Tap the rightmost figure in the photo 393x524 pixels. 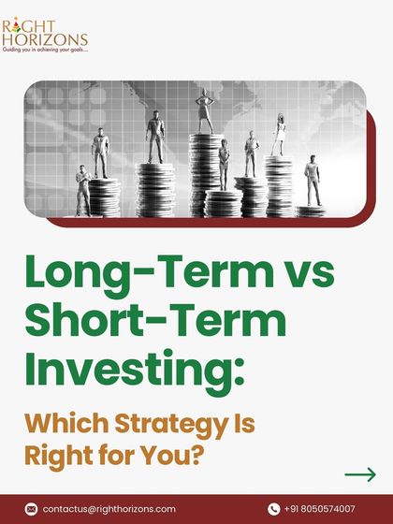click(x=313, y=179)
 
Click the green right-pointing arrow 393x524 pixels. click(x=360, y=474)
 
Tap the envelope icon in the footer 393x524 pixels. click(x=32, y=509)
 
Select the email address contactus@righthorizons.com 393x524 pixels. click(x=109, y=509)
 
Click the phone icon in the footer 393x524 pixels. click(x=274, y=509)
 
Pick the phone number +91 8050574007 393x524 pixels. click(x=320, y=509)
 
